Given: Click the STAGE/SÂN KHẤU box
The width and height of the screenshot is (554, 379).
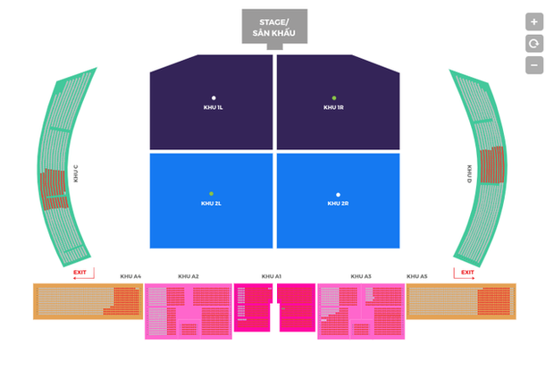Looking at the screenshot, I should (274, 27).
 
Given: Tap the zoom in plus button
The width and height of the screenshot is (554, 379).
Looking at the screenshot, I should (534, 21).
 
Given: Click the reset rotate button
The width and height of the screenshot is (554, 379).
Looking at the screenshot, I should (534, 43).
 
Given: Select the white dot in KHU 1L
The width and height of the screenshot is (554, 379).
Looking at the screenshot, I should (214, 97).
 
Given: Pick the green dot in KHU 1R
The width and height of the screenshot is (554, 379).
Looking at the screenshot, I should (334, 97).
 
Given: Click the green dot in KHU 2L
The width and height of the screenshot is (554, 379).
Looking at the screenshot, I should (211, 193).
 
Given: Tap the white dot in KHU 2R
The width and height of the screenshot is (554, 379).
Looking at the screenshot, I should (338, 194).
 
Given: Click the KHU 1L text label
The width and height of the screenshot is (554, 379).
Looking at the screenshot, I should (214, 107).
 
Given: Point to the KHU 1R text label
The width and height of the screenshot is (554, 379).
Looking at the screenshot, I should (334, 107).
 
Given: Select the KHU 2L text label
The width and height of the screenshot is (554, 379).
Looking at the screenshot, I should (211, 203).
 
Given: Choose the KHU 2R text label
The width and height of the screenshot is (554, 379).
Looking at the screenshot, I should (338, 203).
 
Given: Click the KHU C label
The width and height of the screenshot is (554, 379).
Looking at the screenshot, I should (76, 173).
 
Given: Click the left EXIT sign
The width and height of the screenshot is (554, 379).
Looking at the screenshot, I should (80, 272).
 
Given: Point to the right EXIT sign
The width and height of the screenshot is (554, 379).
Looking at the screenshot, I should (466, 272).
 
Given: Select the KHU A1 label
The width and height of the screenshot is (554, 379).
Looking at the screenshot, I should (272, 277).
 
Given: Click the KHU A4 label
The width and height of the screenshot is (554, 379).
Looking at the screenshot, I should (130, 277).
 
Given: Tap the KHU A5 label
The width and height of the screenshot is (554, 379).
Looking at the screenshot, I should (416, 277).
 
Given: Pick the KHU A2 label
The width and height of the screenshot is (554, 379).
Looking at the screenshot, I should (189, 277).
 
